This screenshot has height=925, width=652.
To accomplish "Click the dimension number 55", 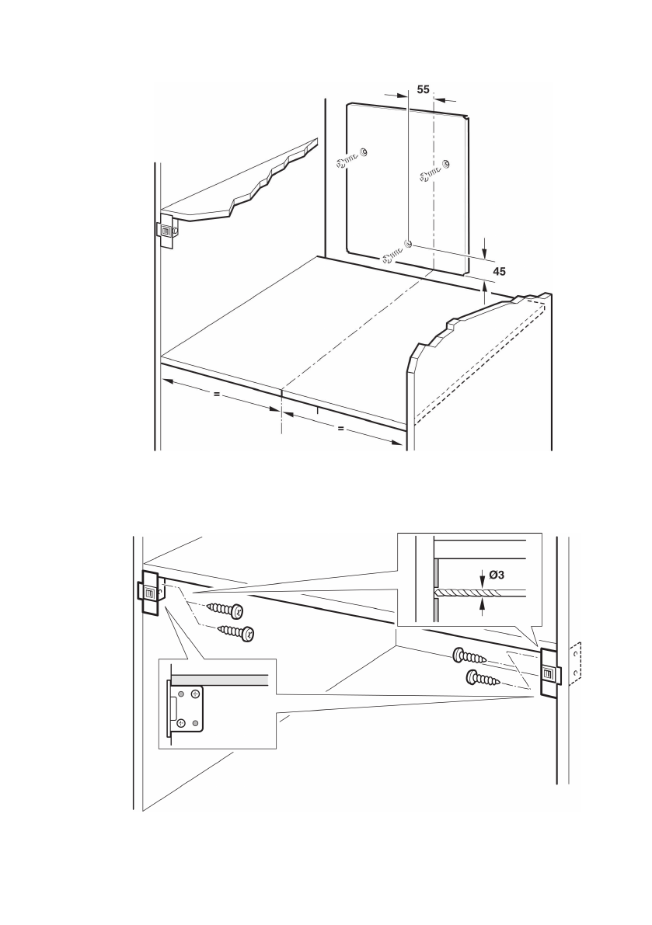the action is (x=423, y=89).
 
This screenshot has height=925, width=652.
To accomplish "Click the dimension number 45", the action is (x=501, y=270).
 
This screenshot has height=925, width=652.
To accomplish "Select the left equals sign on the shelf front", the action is (x=216, y=395).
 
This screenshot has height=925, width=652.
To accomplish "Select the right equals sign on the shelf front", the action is (x=340, y=429).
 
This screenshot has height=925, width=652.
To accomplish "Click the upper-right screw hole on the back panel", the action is (x=446, y=163).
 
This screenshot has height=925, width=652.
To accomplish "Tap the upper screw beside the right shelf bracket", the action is (x=469, y=657).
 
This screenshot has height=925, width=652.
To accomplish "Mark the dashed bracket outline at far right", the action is (x=574, y=665).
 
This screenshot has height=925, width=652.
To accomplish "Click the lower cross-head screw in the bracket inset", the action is (x=181, y=723).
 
